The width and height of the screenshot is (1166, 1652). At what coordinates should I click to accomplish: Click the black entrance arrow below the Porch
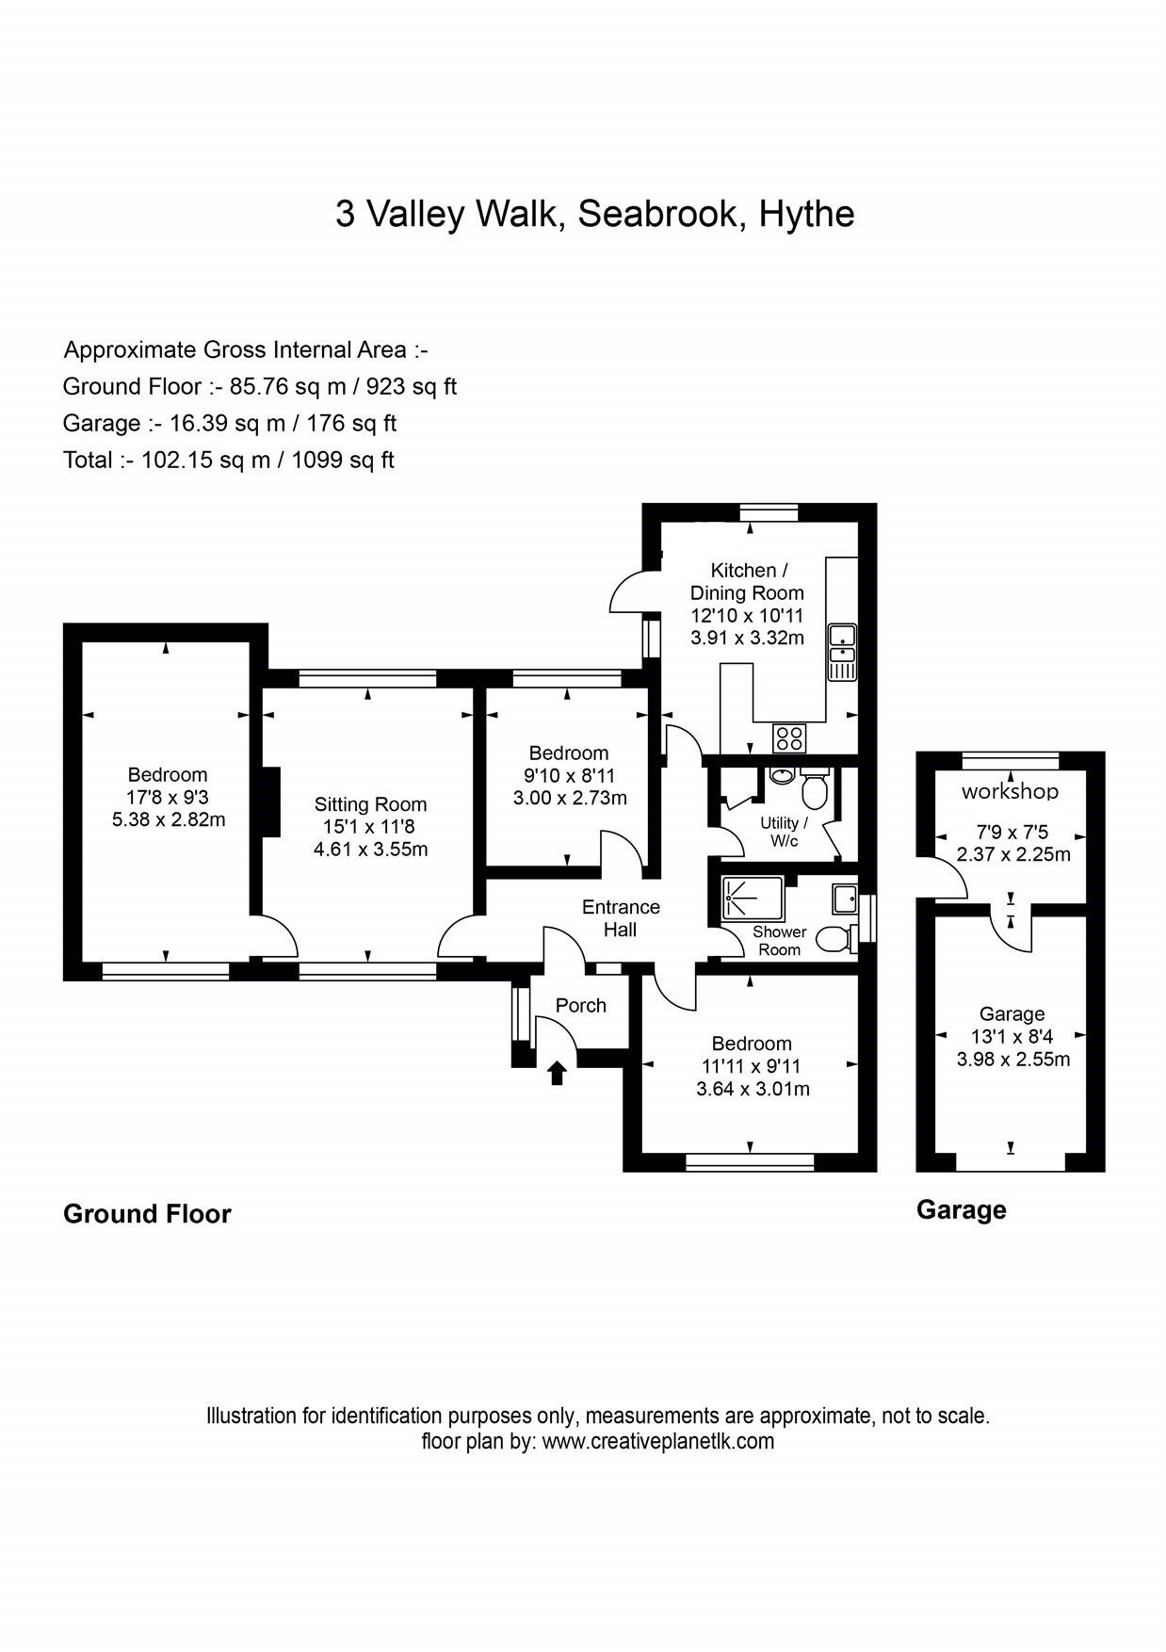pos(557,1072)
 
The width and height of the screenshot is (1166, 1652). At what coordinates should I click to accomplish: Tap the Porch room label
pos(580,1006)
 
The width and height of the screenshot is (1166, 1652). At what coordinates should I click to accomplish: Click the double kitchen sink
pos(841,651)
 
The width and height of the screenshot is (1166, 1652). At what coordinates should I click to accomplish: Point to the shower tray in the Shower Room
pos(751,898)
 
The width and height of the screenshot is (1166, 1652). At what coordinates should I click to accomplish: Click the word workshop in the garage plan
pos(1010,791)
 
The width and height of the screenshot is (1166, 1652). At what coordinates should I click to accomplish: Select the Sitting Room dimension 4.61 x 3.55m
pos(370,850)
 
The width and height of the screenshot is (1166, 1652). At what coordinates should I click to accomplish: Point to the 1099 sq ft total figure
pos(342,461)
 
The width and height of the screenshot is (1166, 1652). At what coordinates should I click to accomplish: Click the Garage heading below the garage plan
pos(961,1210)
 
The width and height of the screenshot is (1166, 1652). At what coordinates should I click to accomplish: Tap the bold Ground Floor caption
pos(147,1214)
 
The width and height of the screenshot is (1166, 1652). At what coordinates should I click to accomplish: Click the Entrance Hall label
pos(621,918)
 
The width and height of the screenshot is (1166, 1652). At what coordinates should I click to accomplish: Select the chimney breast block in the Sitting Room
pos(270,802)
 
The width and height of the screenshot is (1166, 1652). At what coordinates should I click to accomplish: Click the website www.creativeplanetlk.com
pos(658,1441)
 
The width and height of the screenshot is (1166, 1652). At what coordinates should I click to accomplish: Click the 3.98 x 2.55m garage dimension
pos(1012,1060)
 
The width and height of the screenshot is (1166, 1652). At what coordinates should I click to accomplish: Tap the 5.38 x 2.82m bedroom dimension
pos(169,819)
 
